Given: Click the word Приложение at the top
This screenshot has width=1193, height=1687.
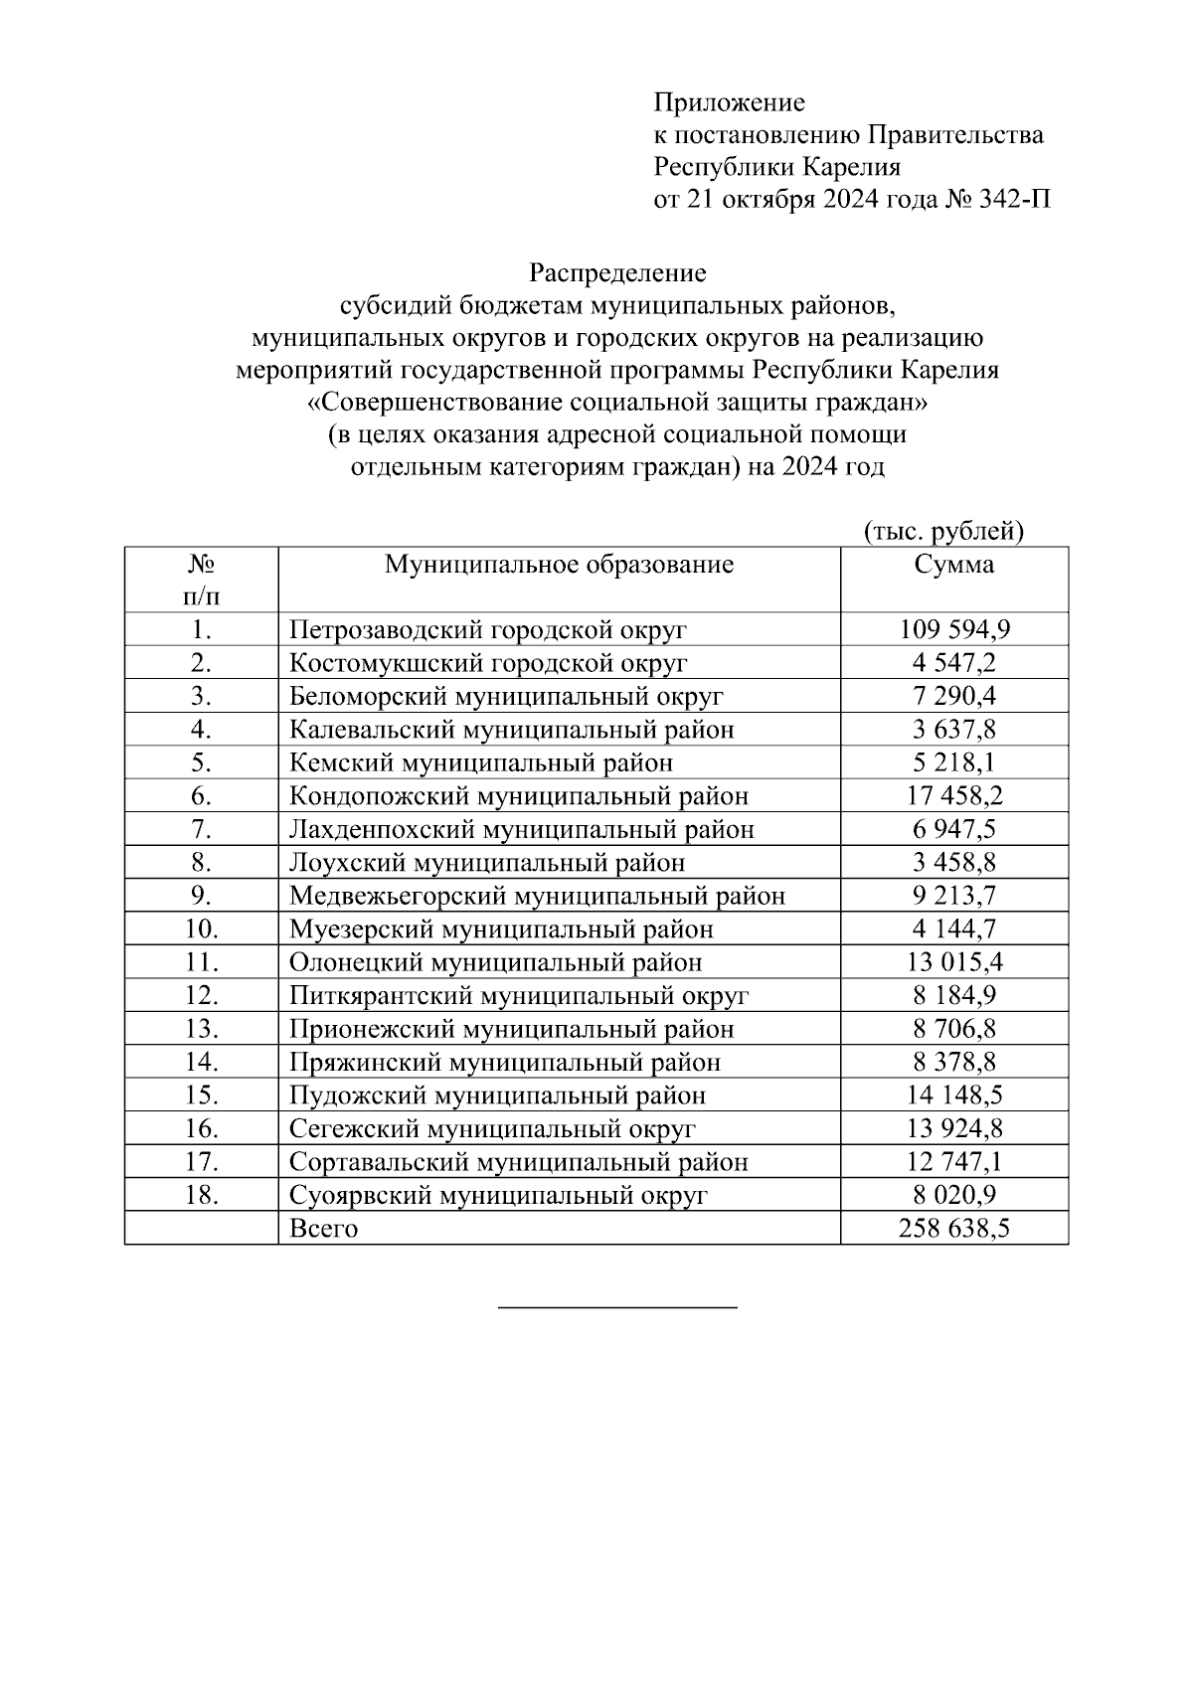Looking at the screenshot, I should coord(729,102).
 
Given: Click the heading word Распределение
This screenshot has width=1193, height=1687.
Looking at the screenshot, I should coord(616,272).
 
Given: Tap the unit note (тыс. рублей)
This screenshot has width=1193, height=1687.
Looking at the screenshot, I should coord(943,532).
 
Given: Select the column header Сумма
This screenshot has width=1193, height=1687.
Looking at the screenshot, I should coord(953,565).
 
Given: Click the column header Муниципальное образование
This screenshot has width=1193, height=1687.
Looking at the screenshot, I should coord(559,565).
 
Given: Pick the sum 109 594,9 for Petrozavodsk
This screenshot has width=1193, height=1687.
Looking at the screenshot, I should coord(954,629).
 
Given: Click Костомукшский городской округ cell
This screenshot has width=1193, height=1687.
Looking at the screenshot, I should coord(488,663).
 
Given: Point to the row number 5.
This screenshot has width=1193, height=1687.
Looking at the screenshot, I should coord(201,762).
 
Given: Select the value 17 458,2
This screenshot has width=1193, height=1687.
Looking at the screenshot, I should coord(954,796).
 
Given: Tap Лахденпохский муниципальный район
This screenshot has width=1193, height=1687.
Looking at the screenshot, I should coord(521,829).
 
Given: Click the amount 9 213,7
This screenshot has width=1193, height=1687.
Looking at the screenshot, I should coord(954,896).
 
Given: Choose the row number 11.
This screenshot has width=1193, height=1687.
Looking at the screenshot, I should coord(201,962).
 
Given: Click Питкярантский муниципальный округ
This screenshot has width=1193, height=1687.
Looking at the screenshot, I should coord(519,995).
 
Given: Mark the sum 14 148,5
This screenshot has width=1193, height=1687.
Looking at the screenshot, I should coord(954,1096).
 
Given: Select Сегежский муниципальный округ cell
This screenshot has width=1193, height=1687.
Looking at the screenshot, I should coord(492,1128).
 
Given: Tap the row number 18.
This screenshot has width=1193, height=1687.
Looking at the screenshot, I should coord(201,1195).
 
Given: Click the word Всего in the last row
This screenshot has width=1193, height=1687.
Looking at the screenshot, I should coord(323,1228).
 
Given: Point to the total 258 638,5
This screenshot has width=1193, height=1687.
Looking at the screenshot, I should coord(954,1228).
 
